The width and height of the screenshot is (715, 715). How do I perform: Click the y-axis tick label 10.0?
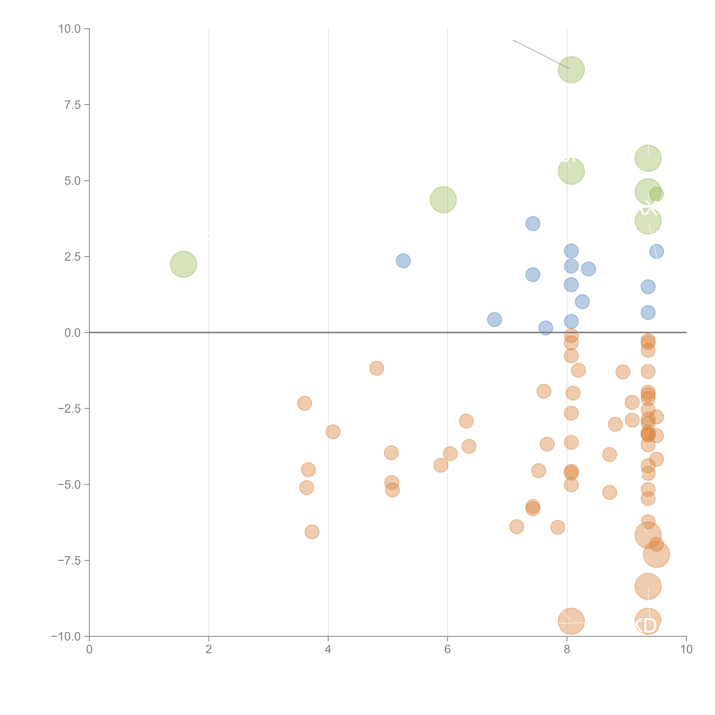70,29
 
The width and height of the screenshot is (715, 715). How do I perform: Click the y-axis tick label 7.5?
73,105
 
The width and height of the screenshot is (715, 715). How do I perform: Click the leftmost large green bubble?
183,264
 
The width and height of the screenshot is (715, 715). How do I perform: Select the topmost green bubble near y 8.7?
571,70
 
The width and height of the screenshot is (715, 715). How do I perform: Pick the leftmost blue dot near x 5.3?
403,261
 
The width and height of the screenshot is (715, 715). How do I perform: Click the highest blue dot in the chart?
533,224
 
